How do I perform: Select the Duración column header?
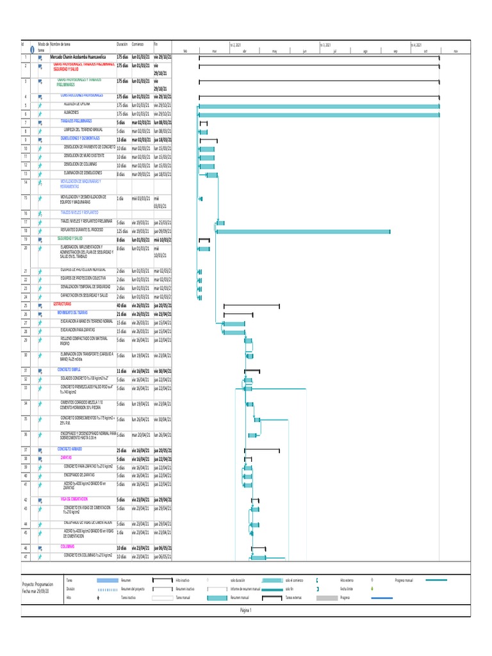[x=122, y=45]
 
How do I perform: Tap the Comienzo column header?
[x=138, y=45]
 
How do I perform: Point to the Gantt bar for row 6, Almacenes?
[x=320, y=115]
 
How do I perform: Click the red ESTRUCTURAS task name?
[x=63, y=304]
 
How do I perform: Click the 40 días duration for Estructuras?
[x=122, y=305]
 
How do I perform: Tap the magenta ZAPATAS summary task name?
[x=66, y=458]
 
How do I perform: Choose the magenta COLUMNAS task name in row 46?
[x=68, y=546]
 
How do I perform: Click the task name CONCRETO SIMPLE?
[x=69, y=370]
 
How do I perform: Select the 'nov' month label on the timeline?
[x=455, y=51]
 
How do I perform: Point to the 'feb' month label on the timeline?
[x=185, y=51]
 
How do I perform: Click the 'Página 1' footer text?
[x=246, y=611]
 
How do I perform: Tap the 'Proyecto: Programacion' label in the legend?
[x=37, y=585]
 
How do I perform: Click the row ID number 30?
[x=26, y=354]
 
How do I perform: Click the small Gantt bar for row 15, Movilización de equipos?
[x=201, y=199]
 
